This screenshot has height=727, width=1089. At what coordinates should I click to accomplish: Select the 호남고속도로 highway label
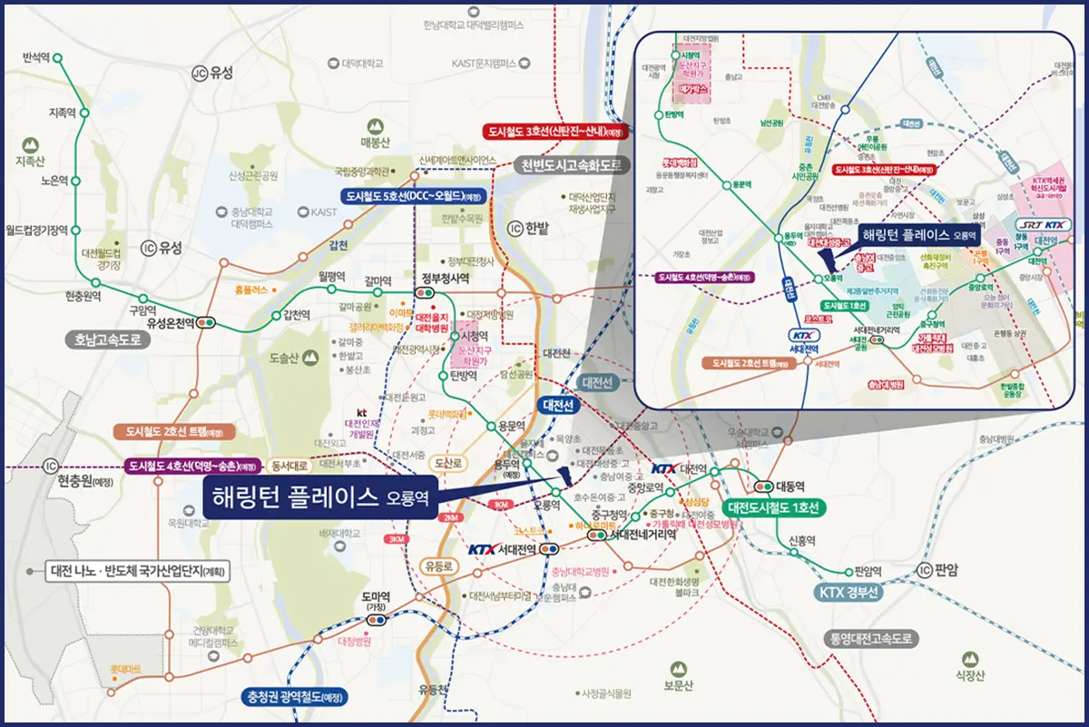(x=110, y=339)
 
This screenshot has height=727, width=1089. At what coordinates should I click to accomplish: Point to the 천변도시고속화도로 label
(x=572, y=165)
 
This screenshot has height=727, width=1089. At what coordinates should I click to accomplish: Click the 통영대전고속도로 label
(x=868, y=639)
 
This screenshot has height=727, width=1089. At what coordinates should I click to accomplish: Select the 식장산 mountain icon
(x=969, y=655)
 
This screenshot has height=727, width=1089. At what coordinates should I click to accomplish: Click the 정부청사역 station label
(x=446, y=279)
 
